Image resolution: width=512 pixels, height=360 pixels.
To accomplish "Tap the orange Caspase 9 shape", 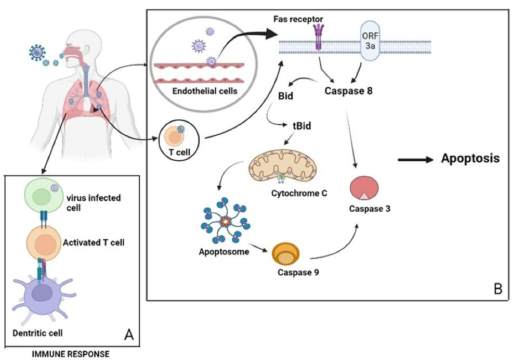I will pos(286,253).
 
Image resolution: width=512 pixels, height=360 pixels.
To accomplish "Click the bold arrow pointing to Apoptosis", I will pos(416,160).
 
